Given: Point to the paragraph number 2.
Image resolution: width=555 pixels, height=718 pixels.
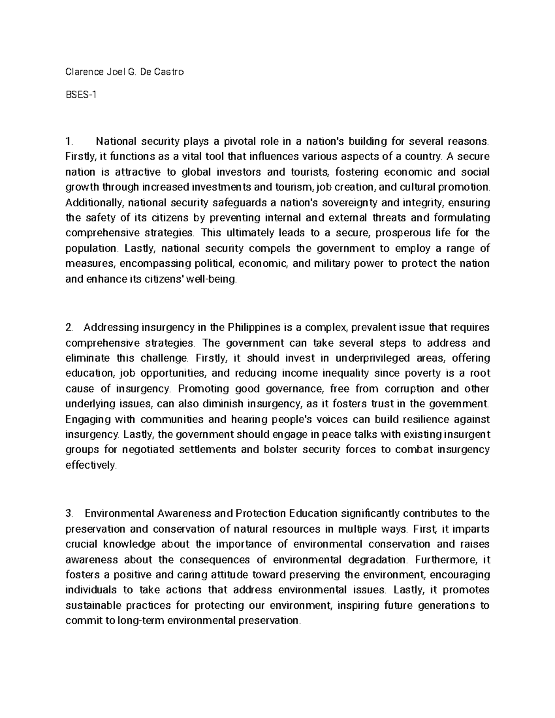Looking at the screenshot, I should pos(69,328).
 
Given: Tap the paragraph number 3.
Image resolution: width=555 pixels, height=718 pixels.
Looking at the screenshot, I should pos(69,514).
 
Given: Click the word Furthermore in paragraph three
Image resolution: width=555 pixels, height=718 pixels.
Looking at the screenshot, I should pos(445,560).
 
